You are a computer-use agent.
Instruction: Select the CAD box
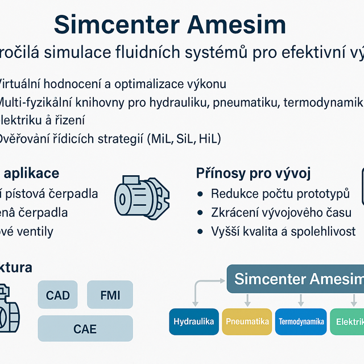(x=57, y=295)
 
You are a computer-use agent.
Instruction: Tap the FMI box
(x=110, y=295)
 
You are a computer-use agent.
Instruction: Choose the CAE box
(x=85, y=328)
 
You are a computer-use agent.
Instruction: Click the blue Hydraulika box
(x=193, y=322)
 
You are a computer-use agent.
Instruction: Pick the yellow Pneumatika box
(x=247, y=322)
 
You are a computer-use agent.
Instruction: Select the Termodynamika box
(x=301, y=322)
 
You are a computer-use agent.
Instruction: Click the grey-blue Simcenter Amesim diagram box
(x=296, y=279)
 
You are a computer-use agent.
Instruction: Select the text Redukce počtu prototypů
(x=280, y=193)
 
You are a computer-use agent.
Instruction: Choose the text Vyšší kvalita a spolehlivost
(x=283, y=231)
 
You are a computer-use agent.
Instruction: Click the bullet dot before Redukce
(x=200, y=193)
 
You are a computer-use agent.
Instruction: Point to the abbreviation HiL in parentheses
(x=206, y=138)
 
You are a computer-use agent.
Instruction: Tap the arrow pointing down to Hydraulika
(x=195, y=298)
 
